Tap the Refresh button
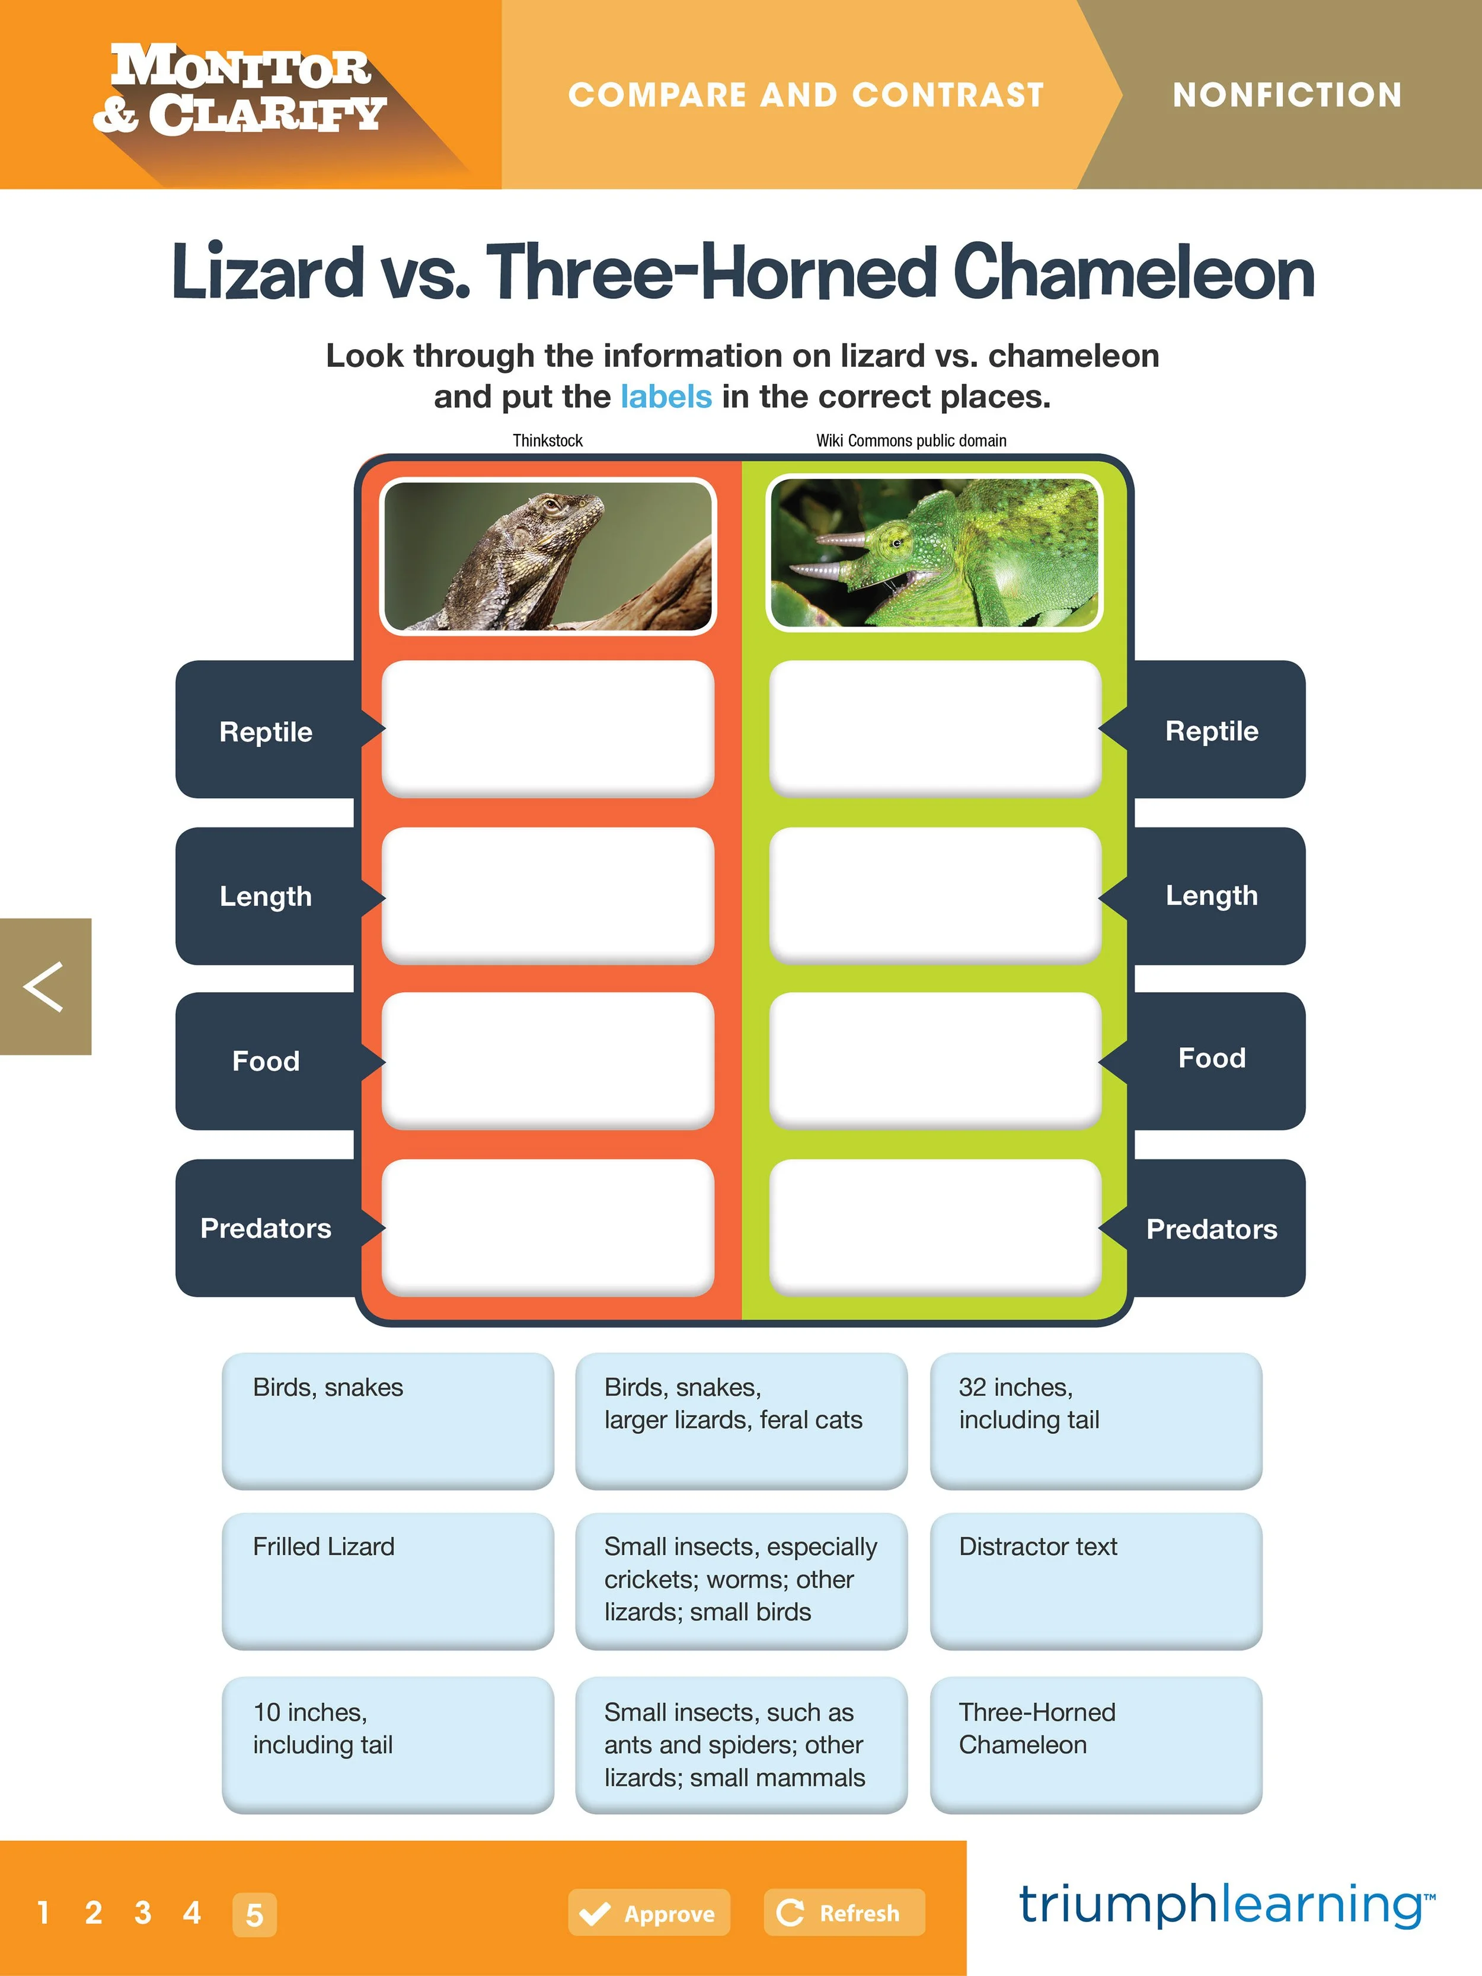844,1913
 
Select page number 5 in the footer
254,1914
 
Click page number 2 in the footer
93,1913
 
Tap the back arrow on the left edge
44,986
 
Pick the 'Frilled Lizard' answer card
387,1579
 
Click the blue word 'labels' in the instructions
666,396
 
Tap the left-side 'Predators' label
266,1228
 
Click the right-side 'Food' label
1211,1059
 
